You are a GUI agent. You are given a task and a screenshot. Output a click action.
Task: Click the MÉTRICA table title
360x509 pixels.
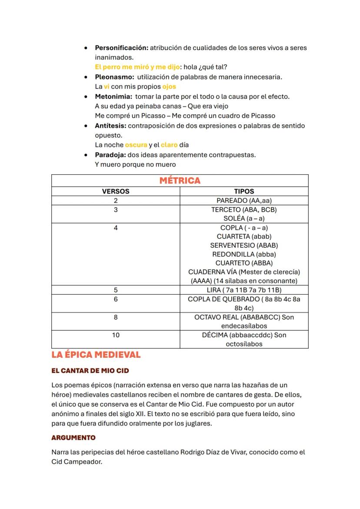[x=180, y=181]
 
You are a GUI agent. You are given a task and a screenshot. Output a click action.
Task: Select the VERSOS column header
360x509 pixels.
[x=116, y=191]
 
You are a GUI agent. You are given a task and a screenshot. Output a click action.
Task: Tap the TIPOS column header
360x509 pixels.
[x=244, y=191]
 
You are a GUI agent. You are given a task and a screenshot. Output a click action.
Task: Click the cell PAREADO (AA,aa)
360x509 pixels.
[x=244, y=200]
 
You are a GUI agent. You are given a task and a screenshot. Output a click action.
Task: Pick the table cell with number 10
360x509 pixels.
[x=116, y=335]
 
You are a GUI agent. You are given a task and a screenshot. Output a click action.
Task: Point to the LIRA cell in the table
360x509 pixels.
[x=244, y=290]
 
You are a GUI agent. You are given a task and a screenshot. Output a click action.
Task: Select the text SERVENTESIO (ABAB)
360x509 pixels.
[x=244, y=245]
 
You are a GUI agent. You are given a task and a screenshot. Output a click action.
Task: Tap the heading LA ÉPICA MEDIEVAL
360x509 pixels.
[x=96, y=355]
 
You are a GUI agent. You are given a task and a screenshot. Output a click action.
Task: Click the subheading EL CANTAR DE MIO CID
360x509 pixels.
[x=90, y=371]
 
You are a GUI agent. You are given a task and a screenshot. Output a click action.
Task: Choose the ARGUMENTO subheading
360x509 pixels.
[x=73, y=437]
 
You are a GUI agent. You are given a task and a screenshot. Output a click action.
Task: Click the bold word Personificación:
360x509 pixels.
[x=121, y=48]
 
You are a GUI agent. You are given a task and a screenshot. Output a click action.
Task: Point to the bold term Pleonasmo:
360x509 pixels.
[x=114, y=77]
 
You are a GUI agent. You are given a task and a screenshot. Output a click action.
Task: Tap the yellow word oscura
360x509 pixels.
[x=136, y=145]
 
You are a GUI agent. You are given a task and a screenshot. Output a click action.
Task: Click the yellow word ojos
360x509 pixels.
[x=169, y=86]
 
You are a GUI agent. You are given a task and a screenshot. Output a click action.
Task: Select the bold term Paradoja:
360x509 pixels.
[x=110, y=155]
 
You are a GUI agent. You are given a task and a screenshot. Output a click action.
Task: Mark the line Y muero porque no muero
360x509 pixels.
[x=135, y=164]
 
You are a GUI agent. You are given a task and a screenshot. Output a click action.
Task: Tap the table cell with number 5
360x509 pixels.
[x=116, y=290]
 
